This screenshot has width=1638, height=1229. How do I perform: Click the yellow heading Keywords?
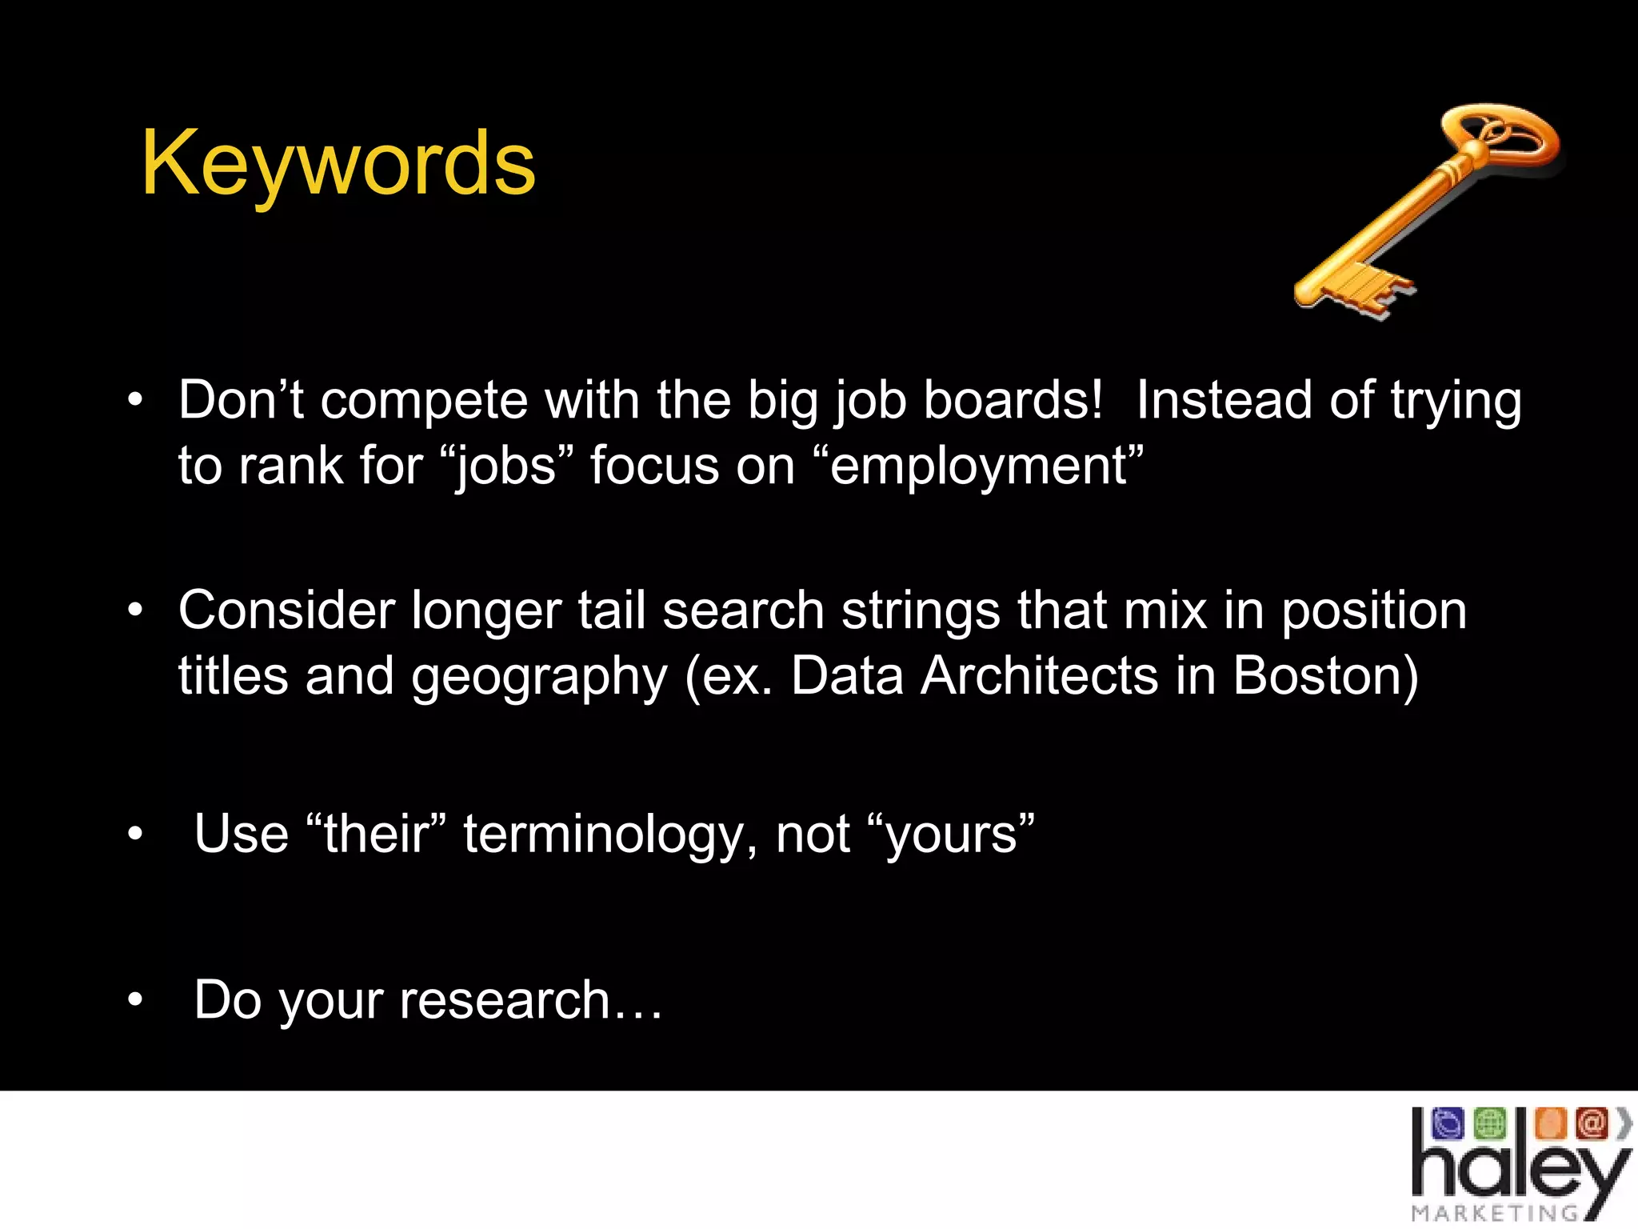338,164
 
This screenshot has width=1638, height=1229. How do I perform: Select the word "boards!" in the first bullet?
1013,400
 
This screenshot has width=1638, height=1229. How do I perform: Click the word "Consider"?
286,610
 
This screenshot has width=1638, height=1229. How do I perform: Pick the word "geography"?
538,677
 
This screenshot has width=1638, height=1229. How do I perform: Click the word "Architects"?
1039,675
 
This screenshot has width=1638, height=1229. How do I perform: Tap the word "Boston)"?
1325,675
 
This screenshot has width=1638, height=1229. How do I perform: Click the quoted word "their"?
376,833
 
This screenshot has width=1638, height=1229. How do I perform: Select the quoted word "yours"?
951,835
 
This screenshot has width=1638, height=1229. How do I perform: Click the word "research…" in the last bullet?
531,1000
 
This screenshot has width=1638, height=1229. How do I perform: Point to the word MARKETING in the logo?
1494,1213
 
